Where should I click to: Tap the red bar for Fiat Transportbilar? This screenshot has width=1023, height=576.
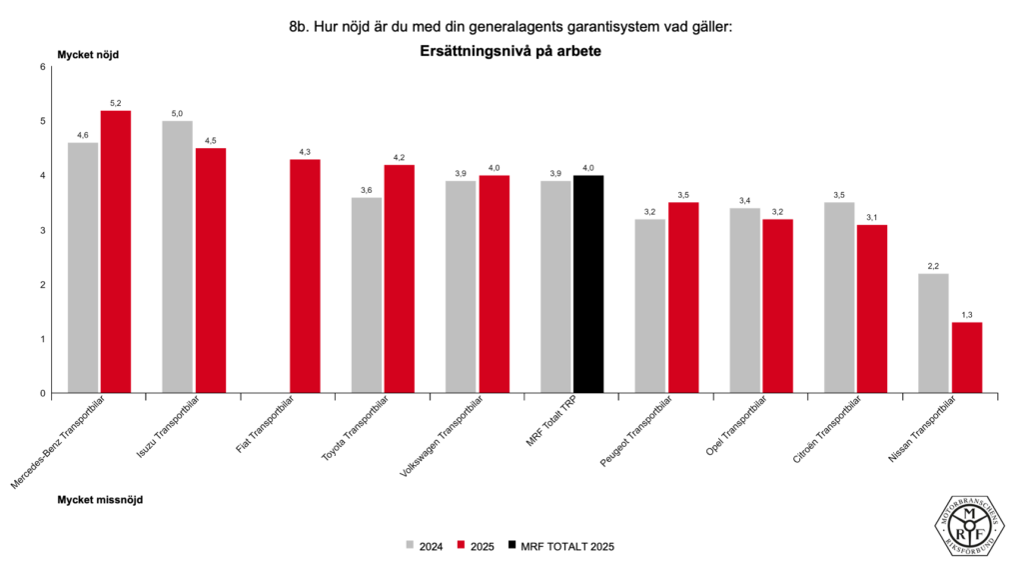point(305,276)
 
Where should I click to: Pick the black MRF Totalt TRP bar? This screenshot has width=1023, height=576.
point(588,284)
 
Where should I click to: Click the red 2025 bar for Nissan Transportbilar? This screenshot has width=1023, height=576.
point(966,357)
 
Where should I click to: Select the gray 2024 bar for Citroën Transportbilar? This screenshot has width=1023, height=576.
point(839,298)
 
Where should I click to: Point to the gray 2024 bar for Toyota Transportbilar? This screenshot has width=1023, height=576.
point(367,295)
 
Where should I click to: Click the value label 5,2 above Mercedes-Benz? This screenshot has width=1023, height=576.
point(116,103)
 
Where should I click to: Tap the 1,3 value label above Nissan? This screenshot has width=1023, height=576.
point(966,315)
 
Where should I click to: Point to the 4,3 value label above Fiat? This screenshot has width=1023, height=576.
point(305,152)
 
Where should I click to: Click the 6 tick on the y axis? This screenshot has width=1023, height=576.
point(43,67)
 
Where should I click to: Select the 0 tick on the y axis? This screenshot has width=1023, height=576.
point(43,393)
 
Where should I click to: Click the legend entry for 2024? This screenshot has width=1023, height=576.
point(424,546)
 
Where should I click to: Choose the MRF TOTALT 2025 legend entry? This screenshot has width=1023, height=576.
point(559,546)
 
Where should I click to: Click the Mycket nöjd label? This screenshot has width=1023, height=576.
point(88,54)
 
